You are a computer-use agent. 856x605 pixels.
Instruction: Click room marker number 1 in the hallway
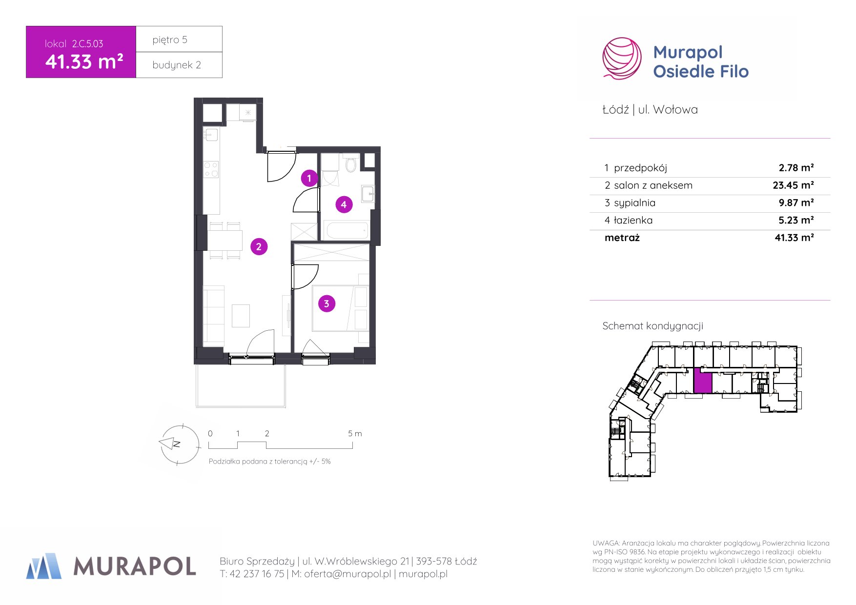(309, 178)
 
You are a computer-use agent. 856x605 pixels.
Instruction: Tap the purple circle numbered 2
(259, 246)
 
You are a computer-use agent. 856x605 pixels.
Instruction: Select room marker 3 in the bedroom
(326, 303)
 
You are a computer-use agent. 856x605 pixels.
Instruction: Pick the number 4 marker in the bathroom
(344, 204)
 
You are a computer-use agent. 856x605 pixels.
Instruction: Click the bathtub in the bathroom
(346, 230)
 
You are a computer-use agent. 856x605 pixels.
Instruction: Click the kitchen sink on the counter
(211, 134)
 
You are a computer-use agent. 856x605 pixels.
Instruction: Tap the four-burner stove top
(211, 169)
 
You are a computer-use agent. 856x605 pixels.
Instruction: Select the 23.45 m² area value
(793, 185)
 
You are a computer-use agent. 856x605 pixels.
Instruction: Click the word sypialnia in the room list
(634, 203)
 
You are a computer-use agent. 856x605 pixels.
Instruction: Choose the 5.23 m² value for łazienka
(796, 221)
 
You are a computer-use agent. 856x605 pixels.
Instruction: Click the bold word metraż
(622, 238)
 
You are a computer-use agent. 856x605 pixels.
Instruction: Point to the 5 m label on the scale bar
(355, 433)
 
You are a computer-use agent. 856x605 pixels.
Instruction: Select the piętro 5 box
(179, 39)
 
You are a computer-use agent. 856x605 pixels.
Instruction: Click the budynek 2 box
(179, 65)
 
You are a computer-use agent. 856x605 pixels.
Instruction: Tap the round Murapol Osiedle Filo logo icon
(622, 58)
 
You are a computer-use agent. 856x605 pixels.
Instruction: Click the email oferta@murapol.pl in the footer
(347, 574)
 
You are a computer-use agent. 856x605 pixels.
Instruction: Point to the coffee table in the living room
(241, 316)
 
